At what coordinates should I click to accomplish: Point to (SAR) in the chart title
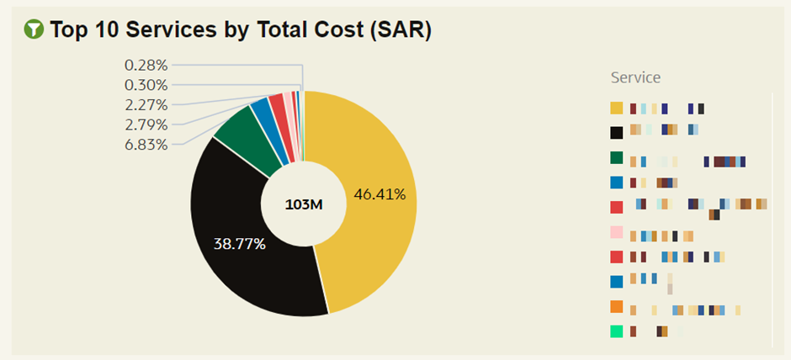(401, 29)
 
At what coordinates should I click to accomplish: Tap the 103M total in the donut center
(304, 204)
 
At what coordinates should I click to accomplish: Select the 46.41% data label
(380, 194)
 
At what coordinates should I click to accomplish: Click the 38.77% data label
(240, 244)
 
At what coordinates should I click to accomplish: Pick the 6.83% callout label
(146, 145)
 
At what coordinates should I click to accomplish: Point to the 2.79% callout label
(146, 124)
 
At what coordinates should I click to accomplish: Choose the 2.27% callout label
(146, 105)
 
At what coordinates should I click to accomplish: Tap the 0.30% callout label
(146, 85)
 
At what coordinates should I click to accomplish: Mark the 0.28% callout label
(146, 65)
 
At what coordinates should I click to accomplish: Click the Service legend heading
(635, 77)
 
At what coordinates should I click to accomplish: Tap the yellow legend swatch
(617, 108)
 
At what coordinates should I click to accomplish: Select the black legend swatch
(617, 132)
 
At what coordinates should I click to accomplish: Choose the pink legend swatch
(617, 233)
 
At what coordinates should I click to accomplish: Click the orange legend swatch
(617, 307)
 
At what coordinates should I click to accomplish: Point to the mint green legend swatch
(617, 331)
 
